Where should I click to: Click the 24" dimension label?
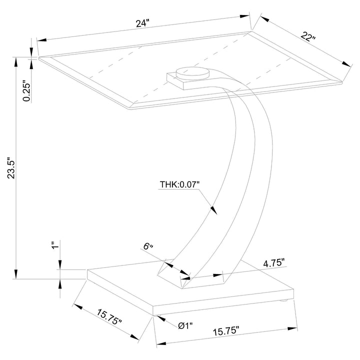[142, 23]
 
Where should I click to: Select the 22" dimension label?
[308, 36]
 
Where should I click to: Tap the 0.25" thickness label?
[27, 90]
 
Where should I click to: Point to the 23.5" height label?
[11, 168]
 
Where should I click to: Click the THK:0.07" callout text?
[180, 184]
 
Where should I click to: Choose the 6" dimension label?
[148, 246]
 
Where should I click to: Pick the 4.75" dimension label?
[274, 263]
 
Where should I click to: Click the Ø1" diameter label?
[185, 325]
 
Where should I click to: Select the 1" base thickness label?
[55, 245]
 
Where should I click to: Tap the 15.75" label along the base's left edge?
[109, 317]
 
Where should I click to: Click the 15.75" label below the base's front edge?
[226, 331]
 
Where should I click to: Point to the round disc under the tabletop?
[192, 73]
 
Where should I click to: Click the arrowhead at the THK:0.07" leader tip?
[213, 209]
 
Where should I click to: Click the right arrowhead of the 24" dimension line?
[244, 17]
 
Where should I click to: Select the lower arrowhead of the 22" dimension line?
[346, 64]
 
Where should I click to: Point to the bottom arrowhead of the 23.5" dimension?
[16, 274]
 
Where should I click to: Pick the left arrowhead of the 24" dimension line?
[42, 40]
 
